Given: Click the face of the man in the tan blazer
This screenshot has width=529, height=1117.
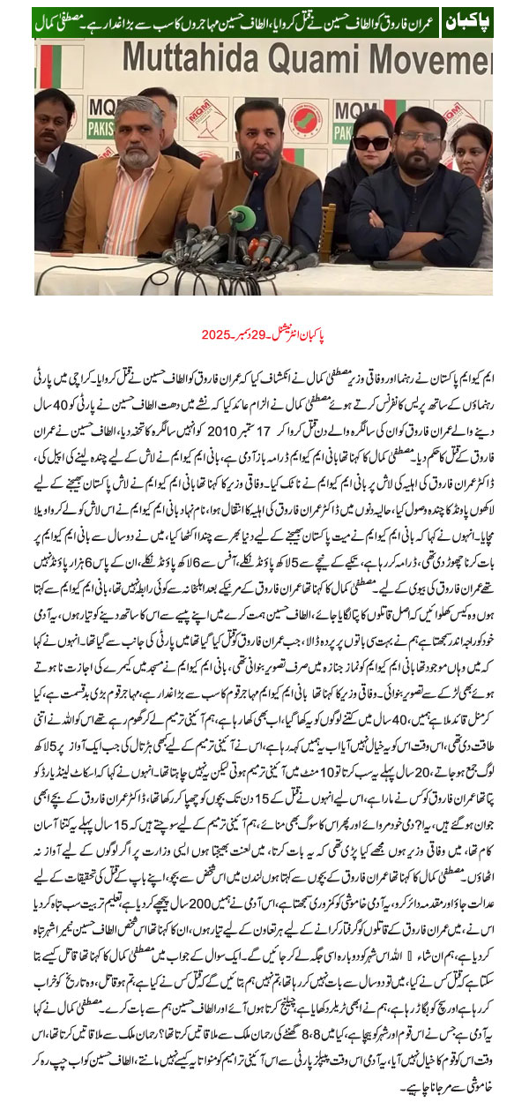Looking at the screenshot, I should pyautogui.click(x=139, y=131).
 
